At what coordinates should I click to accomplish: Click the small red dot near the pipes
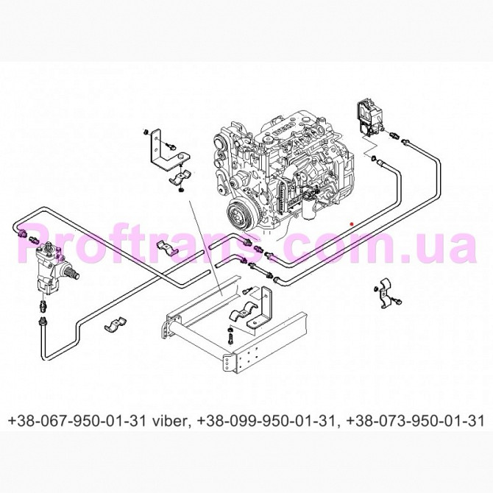[352, 224]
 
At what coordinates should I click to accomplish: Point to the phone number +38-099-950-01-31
[268, 421]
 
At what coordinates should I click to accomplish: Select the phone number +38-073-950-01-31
[415, 421]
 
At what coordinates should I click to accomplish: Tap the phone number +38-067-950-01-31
[77, 421]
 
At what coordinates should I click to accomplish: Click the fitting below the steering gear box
[43, 306]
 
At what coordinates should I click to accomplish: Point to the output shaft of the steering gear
[72, 274]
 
